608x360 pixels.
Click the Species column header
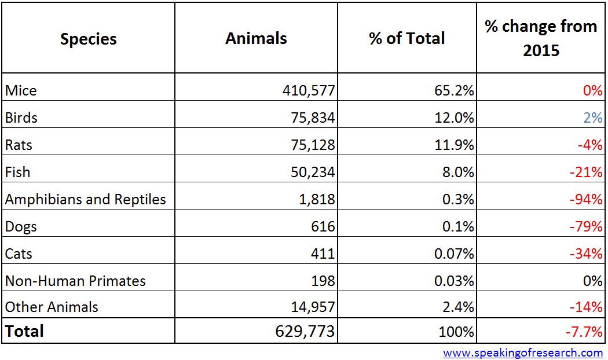point(88,39)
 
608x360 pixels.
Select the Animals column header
point(256,39)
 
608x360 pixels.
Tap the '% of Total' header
point(406,39)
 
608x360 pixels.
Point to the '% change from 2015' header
point(541,38)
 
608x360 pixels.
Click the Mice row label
point(21,90)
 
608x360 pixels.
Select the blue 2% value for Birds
point(593,117)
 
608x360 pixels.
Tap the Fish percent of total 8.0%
point(457,172)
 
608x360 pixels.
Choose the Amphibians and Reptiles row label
point(86,199)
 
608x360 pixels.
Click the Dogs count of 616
point(323,226)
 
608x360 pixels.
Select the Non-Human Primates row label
point(75,281)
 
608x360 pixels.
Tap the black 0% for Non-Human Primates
point(593,281)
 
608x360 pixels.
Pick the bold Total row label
point(24,331)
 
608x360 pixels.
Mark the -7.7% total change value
point(583,332)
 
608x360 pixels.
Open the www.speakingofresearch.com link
point(523,352)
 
